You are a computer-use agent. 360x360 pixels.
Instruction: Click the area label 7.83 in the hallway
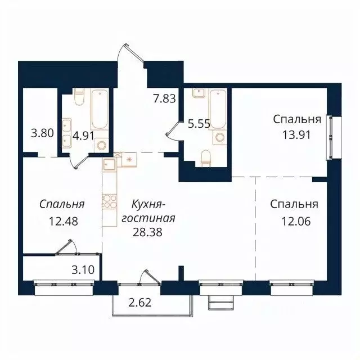(165, 98)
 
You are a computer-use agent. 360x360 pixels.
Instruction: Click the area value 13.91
(297, 134)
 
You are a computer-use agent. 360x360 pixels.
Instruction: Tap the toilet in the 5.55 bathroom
(205, 158)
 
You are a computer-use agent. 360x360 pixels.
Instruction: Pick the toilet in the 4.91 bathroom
(79, 100)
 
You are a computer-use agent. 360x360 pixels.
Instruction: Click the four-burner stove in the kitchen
(108, 200)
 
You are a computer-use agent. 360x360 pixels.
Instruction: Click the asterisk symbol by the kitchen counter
(129, 160)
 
